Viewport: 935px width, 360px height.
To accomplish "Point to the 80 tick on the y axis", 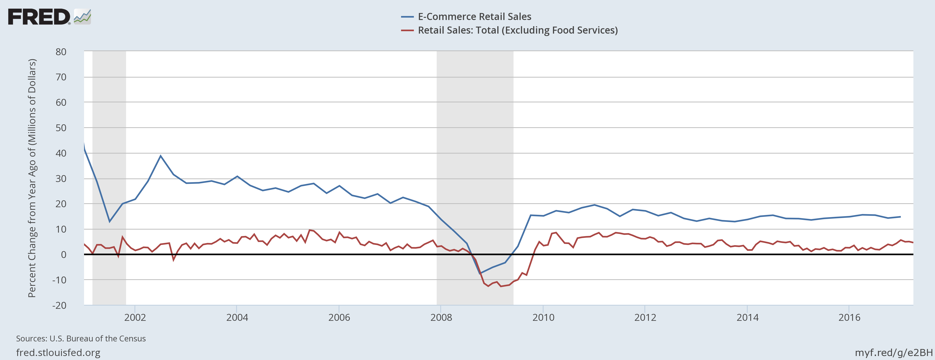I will tap(61, 52).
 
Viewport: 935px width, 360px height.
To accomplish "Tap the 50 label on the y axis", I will tap(61, 128).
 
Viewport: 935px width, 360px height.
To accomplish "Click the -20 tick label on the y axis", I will tap(59, 305).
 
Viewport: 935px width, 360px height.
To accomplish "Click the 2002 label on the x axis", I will tap(135, 318).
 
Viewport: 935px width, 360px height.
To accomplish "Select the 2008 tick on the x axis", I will tap(441, 318).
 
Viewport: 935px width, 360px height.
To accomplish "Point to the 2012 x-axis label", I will tap(645, 318).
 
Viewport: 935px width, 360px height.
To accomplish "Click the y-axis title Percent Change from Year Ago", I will tap(32, 178).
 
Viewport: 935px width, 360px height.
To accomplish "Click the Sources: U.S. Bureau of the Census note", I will tap(81, 339).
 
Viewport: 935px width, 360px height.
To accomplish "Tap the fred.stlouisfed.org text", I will tap(58, 352).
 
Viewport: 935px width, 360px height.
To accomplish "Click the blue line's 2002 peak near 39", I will tap(161, 156).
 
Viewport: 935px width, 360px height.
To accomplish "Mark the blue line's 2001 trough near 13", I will tap(110, 221).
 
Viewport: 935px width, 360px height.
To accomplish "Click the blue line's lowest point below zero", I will tap(480, 273).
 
